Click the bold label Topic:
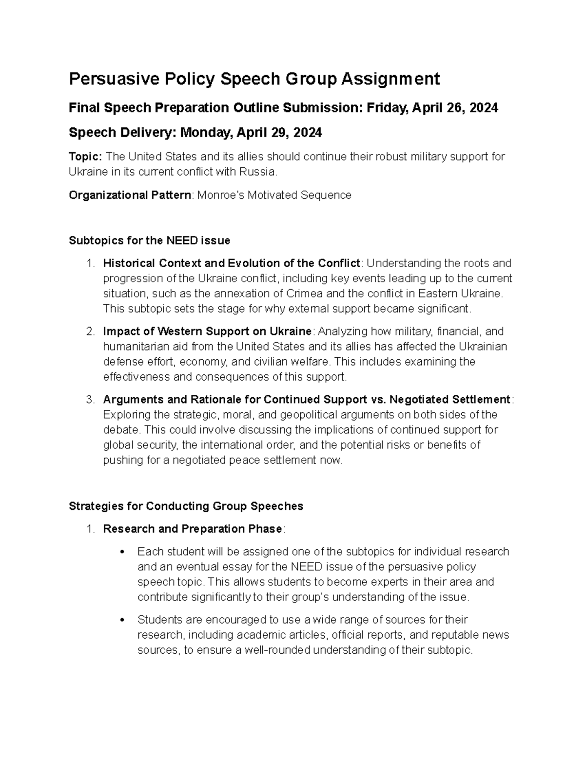coord(85,156)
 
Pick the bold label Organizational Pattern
coord(130,195)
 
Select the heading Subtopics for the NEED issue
coord(149,240)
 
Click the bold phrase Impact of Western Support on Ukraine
coord(207,331)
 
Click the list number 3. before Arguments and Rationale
coord(90,400)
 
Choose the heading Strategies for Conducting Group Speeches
coord(186,506)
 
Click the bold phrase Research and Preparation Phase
coord(193,529)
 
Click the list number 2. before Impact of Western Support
coord(90,331)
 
